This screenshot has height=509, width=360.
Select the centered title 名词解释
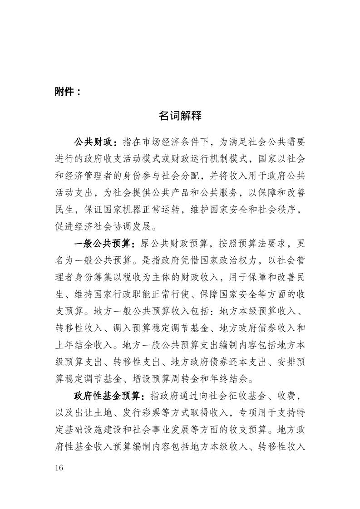pos(180,116)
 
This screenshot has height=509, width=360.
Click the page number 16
pos(59,468)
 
